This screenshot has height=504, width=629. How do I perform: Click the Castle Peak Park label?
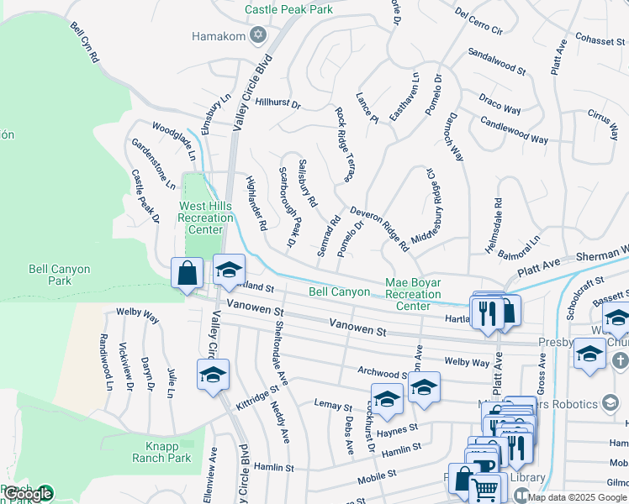[x=288, y=9]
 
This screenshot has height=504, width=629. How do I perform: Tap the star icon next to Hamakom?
[x=259, y=35]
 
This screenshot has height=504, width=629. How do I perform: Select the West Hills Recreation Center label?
[x=205, y=218]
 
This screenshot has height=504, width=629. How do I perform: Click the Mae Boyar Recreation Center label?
[x=413, y=294]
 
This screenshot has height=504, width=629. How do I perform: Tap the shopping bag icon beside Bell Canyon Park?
[x=186, y=274]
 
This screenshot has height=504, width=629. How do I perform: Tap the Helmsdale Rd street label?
[x=498, y=218]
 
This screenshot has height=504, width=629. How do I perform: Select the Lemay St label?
[x=333, y=407]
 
